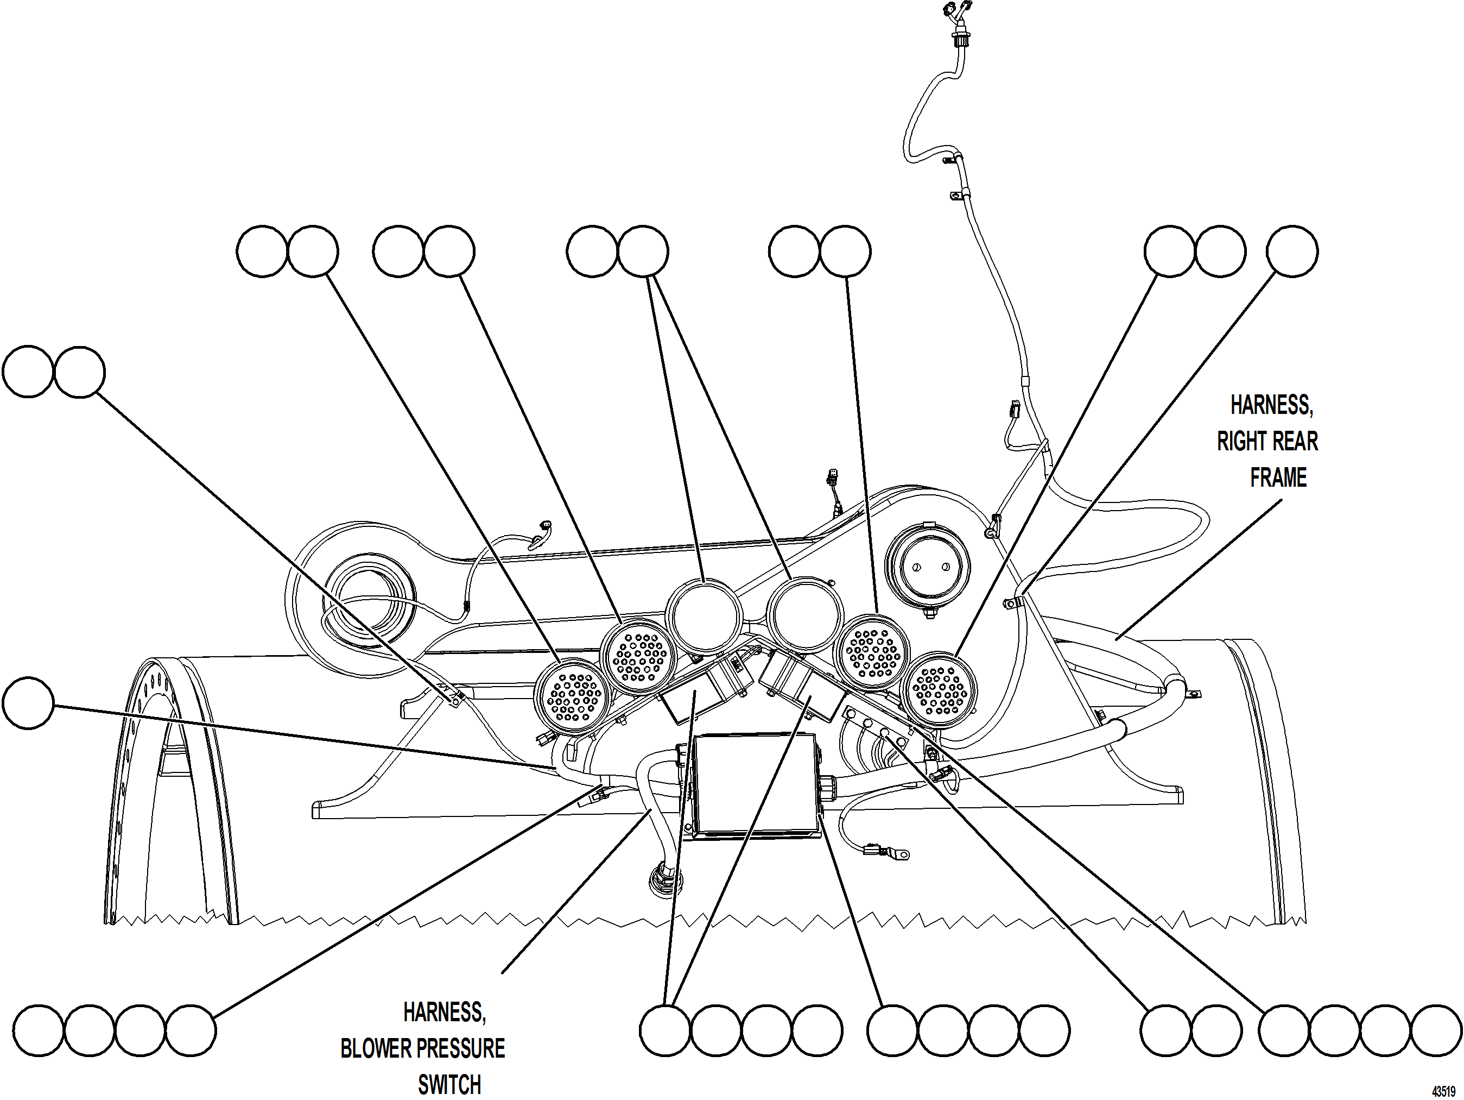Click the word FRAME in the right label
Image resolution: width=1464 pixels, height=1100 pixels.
1277,477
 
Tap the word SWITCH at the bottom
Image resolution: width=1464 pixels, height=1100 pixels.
449,1085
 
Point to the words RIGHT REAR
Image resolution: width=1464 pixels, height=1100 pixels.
1267,441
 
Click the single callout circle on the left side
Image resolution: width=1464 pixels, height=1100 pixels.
28,703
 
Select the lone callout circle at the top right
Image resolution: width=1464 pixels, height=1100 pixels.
1292,251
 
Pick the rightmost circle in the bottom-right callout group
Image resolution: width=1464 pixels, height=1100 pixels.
1436,1030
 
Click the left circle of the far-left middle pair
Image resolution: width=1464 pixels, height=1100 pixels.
28,372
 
